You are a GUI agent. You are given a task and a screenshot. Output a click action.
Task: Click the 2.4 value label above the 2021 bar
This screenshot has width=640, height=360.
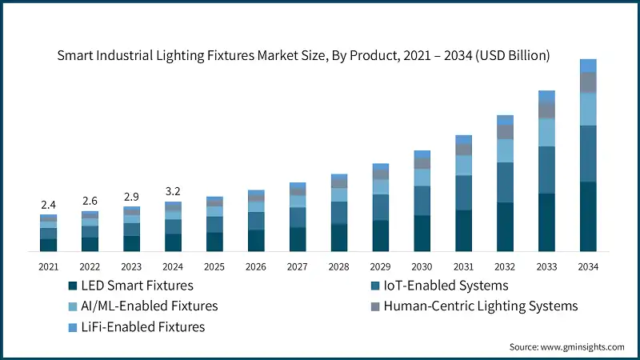[48, 205]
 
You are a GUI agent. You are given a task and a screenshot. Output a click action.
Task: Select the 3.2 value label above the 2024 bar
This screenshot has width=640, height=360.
[173, 191]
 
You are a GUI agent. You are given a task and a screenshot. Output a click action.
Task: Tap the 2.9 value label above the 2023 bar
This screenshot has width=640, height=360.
[131, 197]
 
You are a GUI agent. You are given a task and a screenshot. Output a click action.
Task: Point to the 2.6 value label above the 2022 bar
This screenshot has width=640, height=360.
[90, 201]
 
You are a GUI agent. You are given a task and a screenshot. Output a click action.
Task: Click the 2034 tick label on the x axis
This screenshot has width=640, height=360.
[588, 266]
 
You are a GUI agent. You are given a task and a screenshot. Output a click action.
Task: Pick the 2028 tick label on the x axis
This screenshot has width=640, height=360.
[339, 266]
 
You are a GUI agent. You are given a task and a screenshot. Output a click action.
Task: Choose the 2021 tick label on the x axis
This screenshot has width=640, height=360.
[48, 266]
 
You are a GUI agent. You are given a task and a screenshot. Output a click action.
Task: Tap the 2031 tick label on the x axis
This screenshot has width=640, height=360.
[464, 266]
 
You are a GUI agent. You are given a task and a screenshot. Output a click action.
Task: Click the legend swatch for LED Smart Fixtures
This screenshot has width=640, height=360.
[73, 286]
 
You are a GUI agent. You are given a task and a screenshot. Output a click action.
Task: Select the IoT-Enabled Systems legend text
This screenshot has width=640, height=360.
[446, 286]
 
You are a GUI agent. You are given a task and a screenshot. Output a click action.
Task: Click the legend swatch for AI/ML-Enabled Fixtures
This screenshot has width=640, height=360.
[73, 306]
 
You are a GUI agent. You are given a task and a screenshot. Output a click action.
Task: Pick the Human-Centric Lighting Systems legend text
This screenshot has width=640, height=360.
[480, 306]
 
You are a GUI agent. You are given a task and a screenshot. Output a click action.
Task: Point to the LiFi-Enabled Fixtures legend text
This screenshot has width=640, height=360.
[145, 326]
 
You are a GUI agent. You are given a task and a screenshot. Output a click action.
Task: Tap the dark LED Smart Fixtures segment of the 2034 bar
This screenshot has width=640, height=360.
[588, 216]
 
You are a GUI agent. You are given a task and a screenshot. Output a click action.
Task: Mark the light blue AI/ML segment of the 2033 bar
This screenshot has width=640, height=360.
[547, 132]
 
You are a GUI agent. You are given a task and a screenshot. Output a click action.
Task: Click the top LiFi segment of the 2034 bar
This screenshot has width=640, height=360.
[588, 66]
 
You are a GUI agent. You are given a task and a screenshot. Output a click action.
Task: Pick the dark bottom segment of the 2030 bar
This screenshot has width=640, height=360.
[422, 233]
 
